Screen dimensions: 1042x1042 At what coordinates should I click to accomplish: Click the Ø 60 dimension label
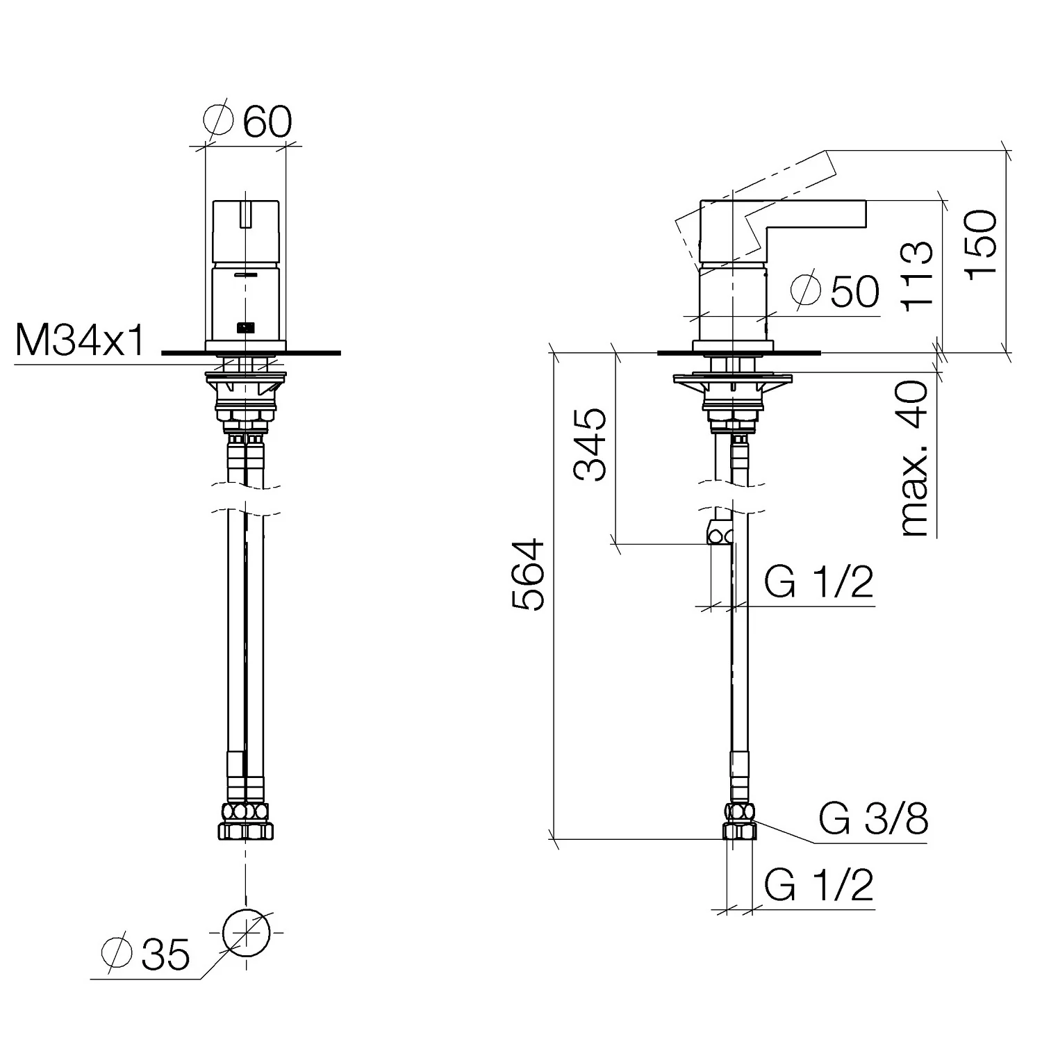pyautogui.click(x=248, y=122)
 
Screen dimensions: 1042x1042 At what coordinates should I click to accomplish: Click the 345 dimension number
pyautogui.click(x=590, y=445)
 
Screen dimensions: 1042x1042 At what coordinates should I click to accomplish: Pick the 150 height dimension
pyautogui.click(x=981, y=245)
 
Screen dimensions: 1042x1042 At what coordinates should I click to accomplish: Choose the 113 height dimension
pyautogui.click(x=916, y=275)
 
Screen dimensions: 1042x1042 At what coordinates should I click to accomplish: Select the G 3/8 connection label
pyautogui.click(x=873, y=820)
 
